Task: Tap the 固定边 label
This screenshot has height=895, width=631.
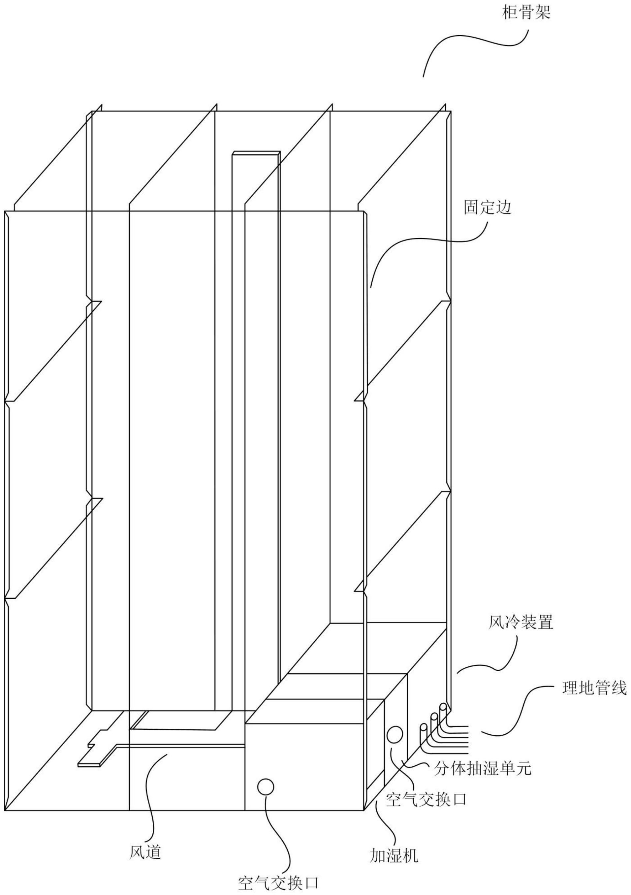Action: pyautogui.click(x=487, y=208)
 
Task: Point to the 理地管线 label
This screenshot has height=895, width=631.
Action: pyautogui.click(x=594, y=689)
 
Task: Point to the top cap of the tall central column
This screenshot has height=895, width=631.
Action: pyautogui.click(x=256, y=153)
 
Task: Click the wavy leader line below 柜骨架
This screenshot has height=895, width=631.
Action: pyautogui.click(x=476, y=43)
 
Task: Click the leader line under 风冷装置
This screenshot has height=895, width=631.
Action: pyautogui.click(x=491, y=663)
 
